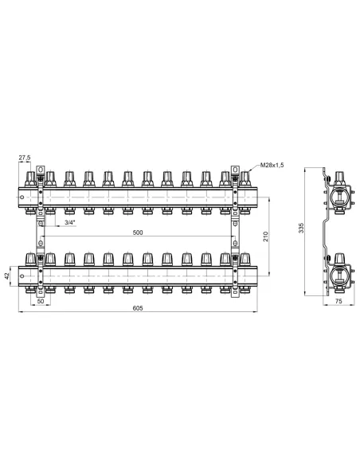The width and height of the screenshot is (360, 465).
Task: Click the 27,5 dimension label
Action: [25, 158]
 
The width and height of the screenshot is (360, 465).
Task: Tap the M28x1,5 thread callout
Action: [272, 165]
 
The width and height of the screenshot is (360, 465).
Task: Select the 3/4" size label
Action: [70, 222]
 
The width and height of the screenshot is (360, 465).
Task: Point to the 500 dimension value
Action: [138, 232]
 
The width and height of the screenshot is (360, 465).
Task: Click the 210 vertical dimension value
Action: [266, 236]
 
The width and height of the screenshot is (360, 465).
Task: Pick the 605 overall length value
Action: [138, 308]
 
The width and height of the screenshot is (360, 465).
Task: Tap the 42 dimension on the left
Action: [7, 276]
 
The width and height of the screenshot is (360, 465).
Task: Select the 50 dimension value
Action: [41, 301]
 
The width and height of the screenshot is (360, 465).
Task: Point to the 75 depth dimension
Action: [338, 301]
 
